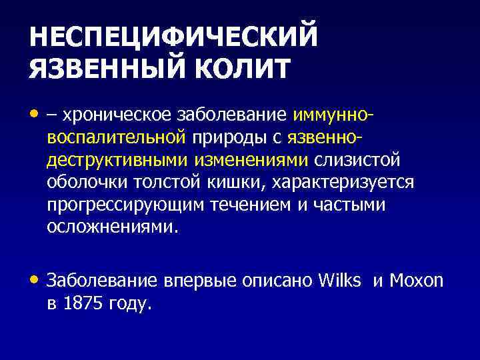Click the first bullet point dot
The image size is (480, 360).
[x=34, y=115]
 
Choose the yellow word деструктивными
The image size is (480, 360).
[x=118, y=160]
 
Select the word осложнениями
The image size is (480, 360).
[x=113, y=227]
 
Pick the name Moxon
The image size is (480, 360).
[x=417, y=281]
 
